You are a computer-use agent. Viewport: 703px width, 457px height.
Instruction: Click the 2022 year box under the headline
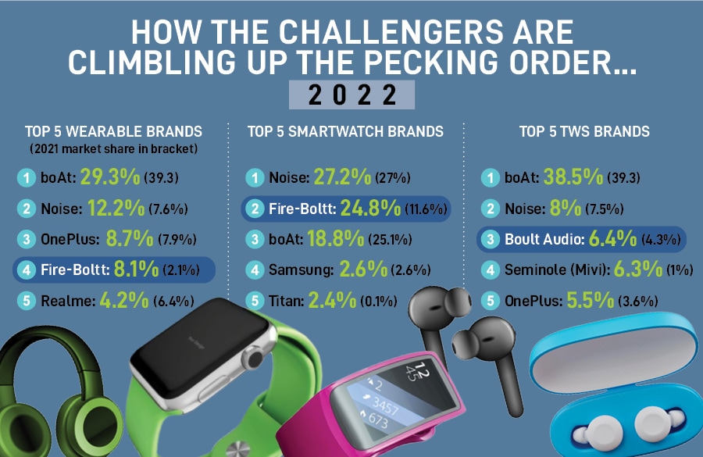(x=351, y=95)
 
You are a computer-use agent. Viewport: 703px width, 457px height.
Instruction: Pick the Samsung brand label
(x=302, y=270)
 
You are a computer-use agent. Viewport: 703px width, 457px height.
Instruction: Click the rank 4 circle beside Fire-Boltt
(x=27, y=270)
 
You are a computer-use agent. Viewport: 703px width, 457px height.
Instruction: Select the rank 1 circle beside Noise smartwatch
(x=255, y=178)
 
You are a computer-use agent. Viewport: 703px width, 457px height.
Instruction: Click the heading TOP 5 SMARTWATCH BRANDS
(x=344, y=131)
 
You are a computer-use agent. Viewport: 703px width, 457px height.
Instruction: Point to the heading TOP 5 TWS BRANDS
(x=584, y=131)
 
